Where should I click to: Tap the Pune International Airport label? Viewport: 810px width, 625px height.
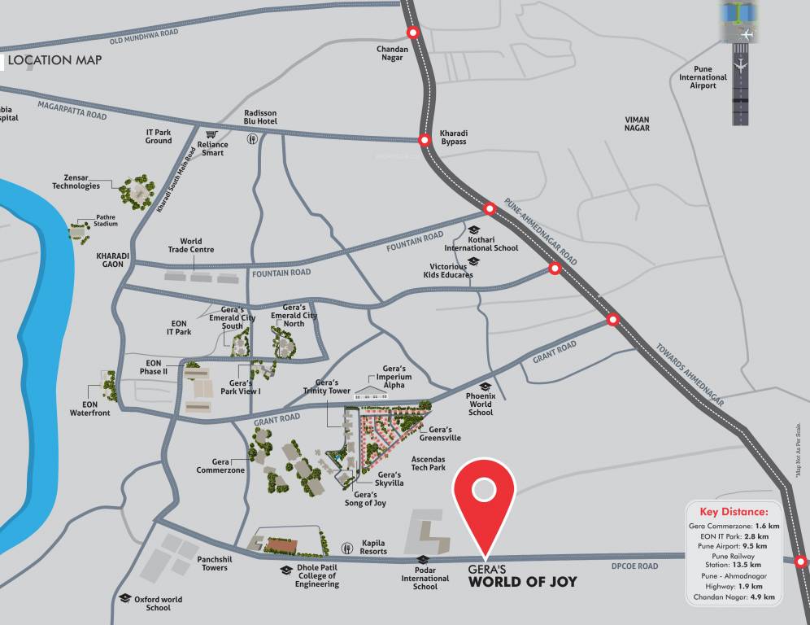(703, 77)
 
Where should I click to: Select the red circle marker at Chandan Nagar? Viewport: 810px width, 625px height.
(413, 33)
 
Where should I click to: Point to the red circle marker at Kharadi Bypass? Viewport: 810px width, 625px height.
(425, 140)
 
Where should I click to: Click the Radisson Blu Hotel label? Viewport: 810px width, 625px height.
(260, 117)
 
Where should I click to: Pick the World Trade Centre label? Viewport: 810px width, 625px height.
(191, 245)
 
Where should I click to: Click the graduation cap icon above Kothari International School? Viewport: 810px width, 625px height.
(474, 230)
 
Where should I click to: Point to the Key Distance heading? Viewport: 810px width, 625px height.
(733, 512)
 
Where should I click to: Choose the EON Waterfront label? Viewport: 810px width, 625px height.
(89, 409)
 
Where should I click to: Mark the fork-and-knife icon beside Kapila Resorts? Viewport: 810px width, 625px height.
(347, 547)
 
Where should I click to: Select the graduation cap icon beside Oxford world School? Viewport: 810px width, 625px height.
(124, 598)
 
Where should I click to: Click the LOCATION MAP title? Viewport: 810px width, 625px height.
(54, 60)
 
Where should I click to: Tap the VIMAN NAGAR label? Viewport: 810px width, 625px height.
(637, 124)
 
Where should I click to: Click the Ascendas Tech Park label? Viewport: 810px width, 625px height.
(428, 463)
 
